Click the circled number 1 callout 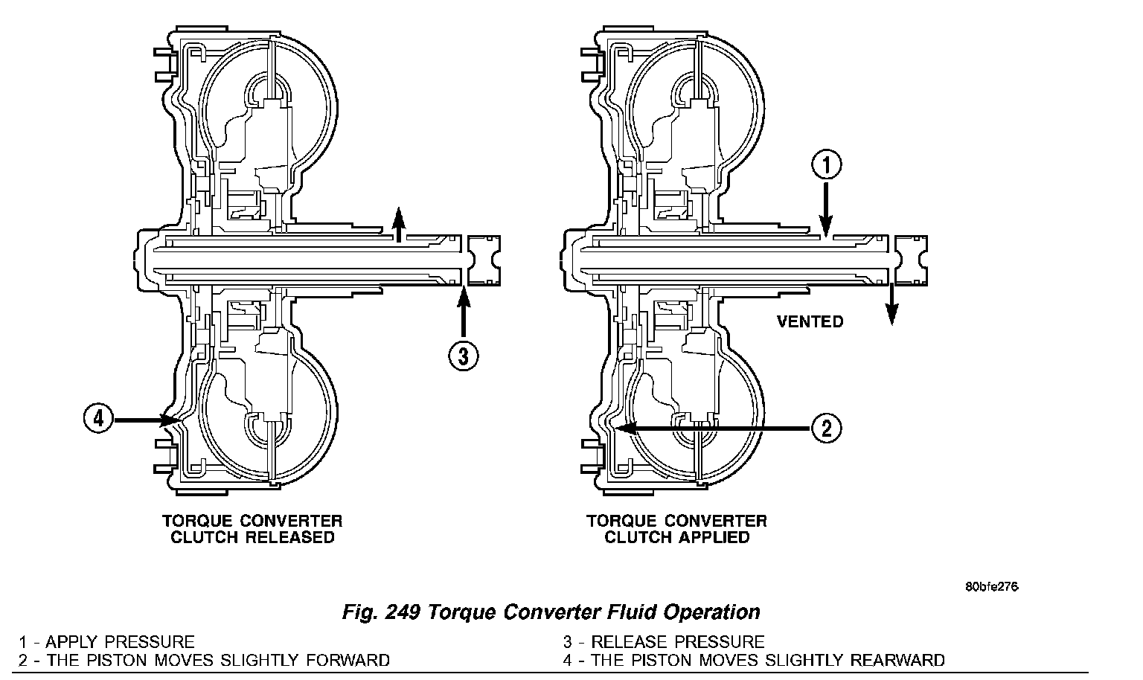pos(826,165)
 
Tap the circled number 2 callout pos(826,428)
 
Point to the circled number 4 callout pos(98,419)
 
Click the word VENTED pos(810,321)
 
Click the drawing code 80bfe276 pos(991,586)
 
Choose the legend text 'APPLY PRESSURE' pos(120,641)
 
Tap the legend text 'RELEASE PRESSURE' pos(677,641)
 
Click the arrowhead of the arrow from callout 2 pos(625,428)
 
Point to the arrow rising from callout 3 pos(463,312)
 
